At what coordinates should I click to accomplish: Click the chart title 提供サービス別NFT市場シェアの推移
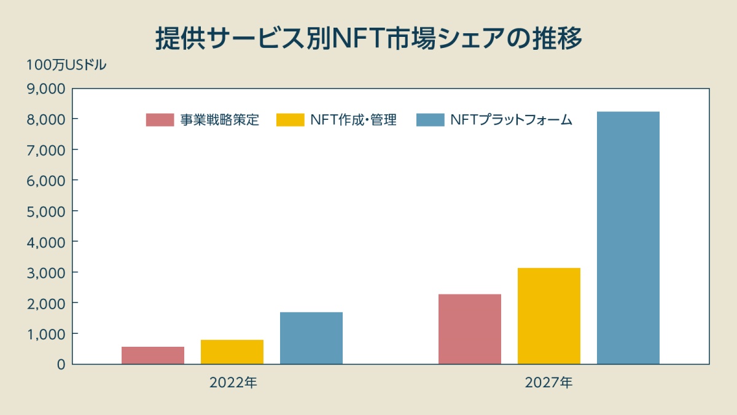click(x=368, y=38)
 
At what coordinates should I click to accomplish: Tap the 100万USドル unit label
click(x=66, y=65)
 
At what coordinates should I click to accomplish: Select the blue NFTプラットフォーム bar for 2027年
click(x=628, y=238)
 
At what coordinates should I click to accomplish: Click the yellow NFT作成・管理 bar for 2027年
click(x=548, y=316)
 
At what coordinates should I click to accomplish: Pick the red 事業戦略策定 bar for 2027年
click(x=469, y=329)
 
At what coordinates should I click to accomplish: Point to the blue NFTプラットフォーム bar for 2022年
click(x=311, y=338)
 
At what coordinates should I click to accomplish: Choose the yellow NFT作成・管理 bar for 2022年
click(x=232, y=352)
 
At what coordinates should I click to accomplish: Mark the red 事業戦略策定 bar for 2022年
click(x=152, y=355)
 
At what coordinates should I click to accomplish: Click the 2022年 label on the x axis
click(x=233, y=382)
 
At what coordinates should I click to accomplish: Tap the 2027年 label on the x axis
click(x=548, y=382)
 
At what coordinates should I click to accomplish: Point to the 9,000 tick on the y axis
click(x=47, y=89)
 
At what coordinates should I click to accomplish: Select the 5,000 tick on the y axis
click(x=47, y=211)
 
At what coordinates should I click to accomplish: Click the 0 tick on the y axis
click(x=60, y=364)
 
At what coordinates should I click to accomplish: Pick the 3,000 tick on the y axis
click(x=47, y=272)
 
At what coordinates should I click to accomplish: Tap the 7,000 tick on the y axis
click(x=47, y=150)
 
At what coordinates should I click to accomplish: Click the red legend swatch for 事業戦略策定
click(x=160, y=120)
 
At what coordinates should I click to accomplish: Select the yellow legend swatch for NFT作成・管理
click(x=291, y=120)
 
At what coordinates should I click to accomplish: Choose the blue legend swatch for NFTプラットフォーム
click(x=430, y=120)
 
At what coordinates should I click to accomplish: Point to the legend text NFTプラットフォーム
click(x=511, y=120)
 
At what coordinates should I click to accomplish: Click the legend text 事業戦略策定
click(x=219, y=120)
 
